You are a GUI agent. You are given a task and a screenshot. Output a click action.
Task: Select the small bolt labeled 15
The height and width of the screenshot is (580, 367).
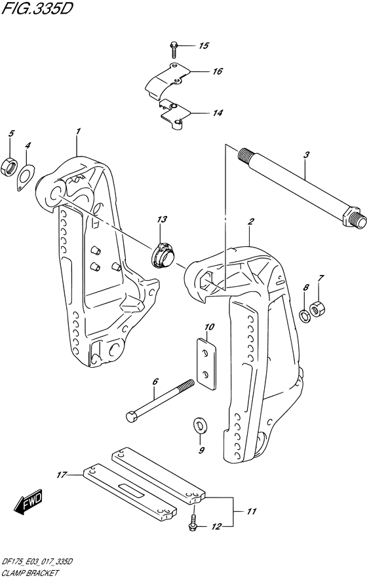pyautogui.click(x=174, y=47)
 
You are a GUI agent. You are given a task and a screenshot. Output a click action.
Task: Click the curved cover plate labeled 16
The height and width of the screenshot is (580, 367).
pyautogui.click(x=163, y=81)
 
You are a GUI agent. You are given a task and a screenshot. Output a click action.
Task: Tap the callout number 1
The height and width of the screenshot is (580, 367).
pyautogui.click(x=78, y=132)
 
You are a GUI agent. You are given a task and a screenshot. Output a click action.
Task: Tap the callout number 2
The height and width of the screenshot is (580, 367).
pyautogui.click(x=250, y=223)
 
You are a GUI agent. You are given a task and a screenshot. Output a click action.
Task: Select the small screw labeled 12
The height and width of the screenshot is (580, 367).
pyautogui.click(x=193, y=523)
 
